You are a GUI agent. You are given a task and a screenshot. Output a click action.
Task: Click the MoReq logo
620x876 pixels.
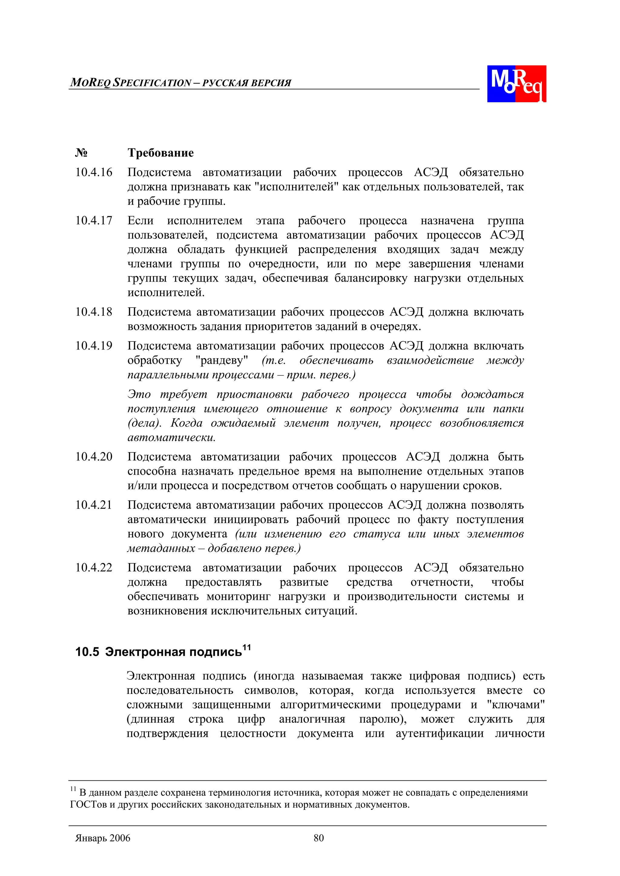coord(516,83)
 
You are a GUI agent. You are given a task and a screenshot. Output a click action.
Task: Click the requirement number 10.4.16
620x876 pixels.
coord(94,172)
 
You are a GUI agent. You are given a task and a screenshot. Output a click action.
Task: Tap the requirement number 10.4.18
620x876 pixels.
coord(94,312)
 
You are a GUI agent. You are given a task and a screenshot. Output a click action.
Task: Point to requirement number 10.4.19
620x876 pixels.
coord(94,346)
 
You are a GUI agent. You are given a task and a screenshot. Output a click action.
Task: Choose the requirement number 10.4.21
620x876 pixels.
coord(94,505)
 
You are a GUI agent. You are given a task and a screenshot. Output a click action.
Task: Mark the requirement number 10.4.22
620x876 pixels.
coord(94,568)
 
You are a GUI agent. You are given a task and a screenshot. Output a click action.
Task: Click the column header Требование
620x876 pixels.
coord(160,153)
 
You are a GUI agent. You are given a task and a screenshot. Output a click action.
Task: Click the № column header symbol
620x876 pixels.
coord(81,153)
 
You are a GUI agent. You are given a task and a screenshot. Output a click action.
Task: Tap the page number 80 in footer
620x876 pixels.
coord(318,838)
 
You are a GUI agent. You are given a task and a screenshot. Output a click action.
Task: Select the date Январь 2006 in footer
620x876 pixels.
coord(103,838)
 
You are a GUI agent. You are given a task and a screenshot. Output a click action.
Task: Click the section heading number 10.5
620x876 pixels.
coord(87,652)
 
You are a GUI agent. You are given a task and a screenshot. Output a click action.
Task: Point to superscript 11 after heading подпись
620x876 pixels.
coord(246,647)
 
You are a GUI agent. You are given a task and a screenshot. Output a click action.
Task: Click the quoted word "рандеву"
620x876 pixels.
coord(222,360)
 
